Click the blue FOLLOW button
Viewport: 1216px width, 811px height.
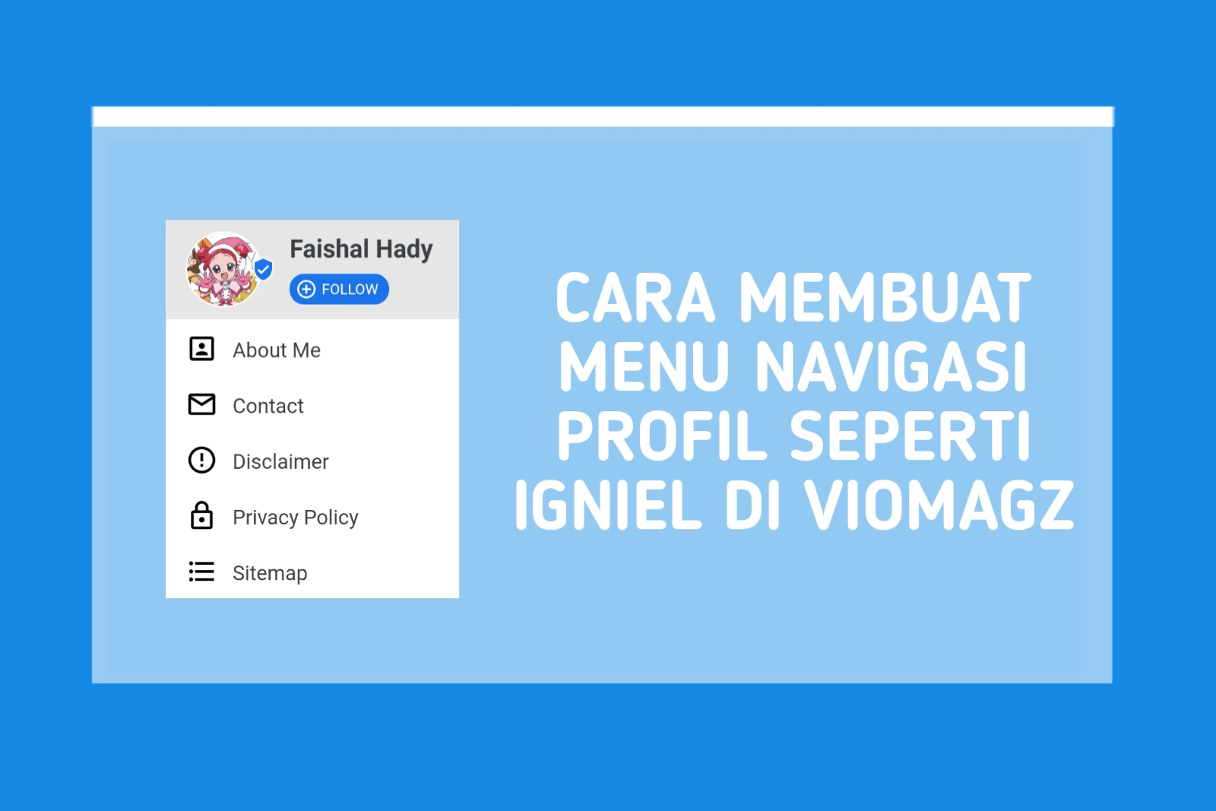click(x=339, y=289)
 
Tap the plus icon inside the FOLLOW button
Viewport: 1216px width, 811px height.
click(x=306, y=289)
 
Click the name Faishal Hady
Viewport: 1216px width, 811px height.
click(x=361, y=249)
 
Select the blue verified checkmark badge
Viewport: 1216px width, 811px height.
click(x=263, y=269)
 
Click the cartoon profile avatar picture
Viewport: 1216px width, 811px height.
click(x=223, y=269)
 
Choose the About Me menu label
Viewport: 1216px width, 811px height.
click(x=277, y=350)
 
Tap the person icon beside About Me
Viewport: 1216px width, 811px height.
click(x=201, y=349)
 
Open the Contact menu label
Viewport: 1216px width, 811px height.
click(x=268, y=406)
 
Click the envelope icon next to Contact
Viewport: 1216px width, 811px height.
click(x=201, y=404)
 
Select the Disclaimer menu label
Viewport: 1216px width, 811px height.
click(x=280, y=461)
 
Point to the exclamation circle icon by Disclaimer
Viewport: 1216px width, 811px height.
click(x=201, y=460)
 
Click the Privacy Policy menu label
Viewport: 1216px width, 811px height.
click(x=295, y=517)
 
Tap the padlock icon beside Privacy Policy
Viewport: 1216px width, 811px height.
click(x=201, y=515)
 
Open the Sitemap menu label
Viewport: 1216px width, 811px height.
click(x=270, y=572)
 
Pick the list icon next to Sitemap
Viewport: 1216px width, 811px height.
click(x=201, y=572)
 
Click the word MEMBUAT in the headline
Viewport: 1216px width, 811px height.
click(x=885, y=298)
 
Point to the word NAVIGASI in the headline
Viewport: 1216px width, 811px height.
click(x=891, y=367)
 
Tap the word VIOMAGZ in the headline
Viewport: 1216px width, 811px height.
click(x=939, y=505)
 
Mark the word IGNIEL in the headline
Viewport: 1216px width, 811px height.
click(x=608, y=505)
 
